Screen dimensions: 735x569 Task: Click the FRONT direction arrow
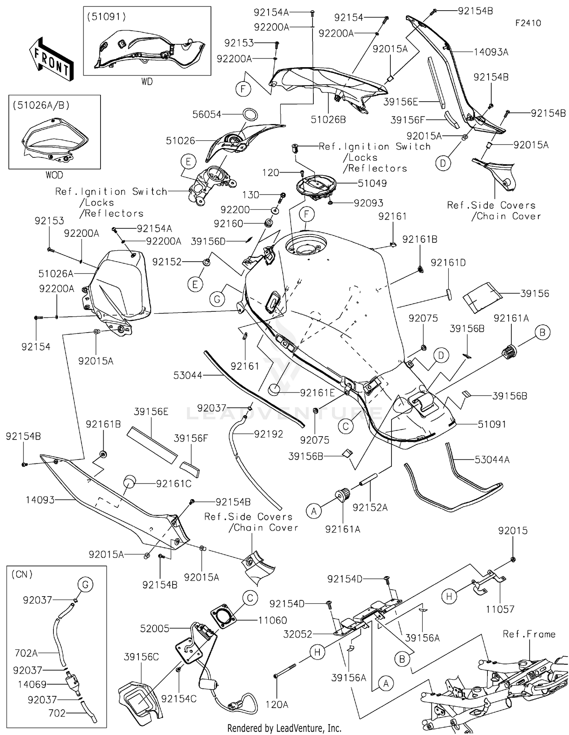point(51,59)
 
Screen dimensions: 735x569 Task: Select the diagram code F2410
point(528,23)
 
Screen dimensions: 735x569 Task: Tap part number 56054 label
point(206,114)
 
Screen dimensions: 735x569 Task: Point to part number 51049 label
point(372,183)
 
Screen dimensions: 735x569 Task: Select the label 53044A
point(492,460)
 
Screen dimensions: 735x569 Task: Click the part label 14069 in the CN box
point(32,685)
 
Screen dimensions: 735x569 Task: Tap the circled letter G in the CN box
point(85,584)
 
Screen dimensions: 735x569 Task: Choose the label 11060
point(272,620)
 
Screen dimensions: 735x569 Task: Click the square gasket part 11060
point(223,615)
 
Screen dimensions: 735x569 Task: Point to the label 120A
point(277,705)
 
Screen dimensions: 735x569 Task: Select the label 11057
point(500,609)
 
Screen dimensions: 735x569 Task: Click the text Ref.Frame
point(529,634)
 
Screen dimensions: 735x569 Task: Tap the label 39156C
point(141,657)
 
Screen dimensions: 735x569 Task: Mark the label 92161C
point(174,484)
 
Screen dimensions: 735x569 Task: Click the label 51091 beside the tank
point(492,424)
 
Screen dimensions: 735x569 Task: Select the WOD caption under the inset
point(54,175)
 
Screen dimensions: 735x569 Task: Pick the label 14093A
point(491,52)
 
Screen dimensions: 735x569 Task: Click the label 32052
point(298,634)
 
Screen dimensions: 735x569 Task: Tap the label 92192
point(268,434)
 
